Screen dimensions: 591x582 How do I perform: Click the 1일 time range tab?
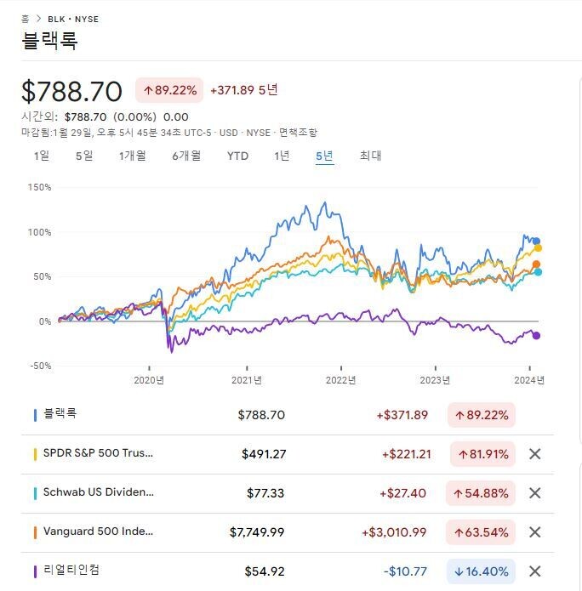pos(42,156)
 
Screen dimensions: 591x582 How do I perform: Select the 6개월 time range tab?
pos(186,156)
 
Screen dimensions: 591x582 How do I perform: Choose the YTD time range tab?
pos(237,156)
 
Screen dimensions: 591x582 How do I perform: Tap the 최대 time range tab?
pos(370,156)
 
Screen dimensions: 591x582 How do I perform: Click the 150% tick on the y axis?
pos(40,187)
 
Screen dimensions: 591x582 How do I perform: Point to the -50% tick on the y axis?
pos(40,366)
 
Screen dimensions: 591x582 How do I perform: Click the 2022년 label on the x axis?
pos(341,380)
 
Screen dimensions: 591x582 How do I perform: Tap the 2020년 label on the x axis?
pos(149,380)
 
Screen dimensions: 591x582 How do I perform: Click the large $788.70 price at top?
pos(71,91)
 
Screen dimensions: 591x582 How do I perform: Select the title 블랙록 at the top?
pos(49,40)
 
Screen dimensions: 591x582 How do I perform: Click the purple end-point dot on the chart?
pos(536,335)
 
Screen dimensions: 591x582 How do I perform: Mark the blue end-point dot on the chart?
pos(536,241)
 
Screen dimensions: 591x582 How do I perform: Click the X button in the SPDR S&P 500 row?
pos(534,454)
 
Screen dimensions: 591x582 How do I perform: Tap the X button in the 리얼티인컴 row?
pos(534,571)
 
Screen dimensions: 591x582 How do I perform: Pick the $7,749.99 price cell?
pos(257,532)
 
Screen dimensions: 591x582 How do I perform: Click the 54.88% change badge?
pos(482,493)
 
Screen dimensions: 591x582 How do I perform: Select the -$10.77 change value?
pos(405,571)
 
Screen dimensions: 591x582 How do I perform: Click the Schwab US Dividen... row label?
pos(98,492)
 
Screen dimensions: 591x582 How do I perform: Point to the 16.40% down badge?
pos(482,571)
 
